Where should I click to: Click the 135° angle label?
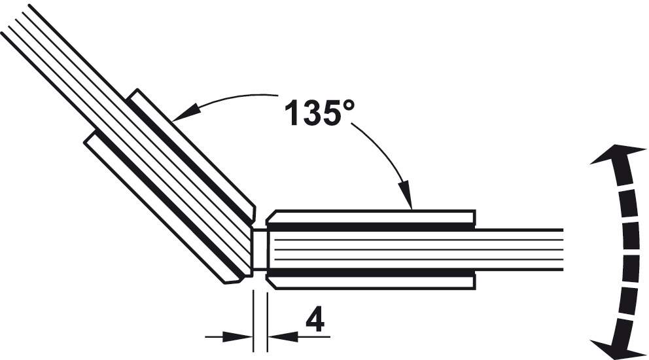click(319, 111)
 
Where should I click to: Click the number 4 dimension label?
click(315, 320)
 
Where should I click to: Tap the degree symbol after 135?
click(347, 105)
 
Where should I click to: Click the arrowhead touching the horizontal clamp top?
click(406, 194)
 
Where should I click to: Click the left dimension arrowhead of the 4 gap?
click(237, 336)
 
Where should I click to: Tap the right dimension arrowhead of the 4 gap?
click(283, 336)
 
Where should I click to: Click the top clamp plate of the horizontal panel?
click(370, 217)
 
